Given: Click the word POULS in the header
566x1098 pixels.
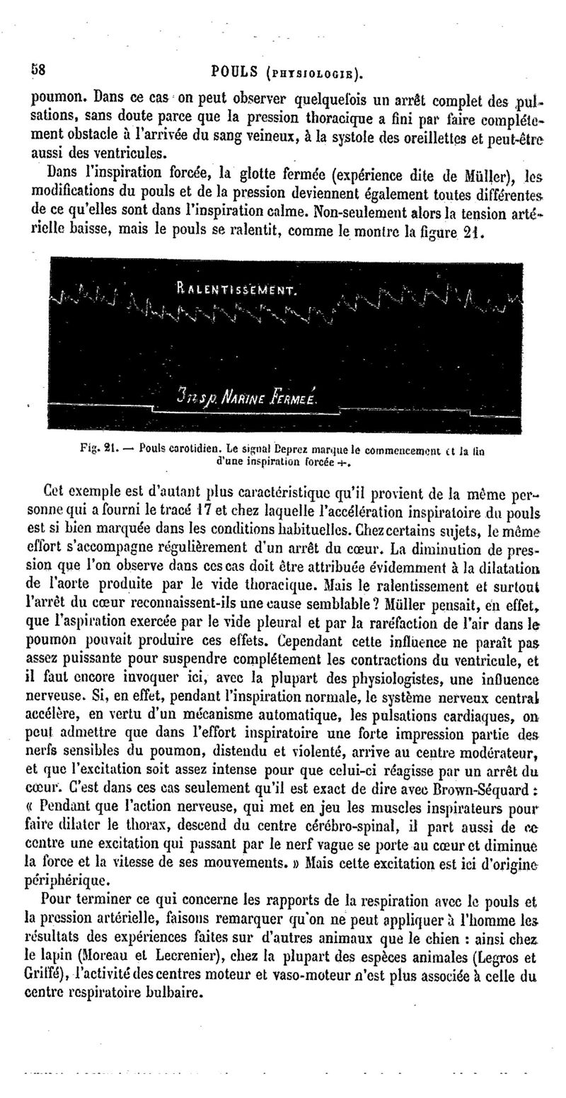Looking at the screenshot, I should click(x=234, y=71).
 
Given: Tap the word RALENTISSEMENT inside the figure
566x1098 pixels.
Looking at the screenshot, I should click(x=237, y=289).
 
